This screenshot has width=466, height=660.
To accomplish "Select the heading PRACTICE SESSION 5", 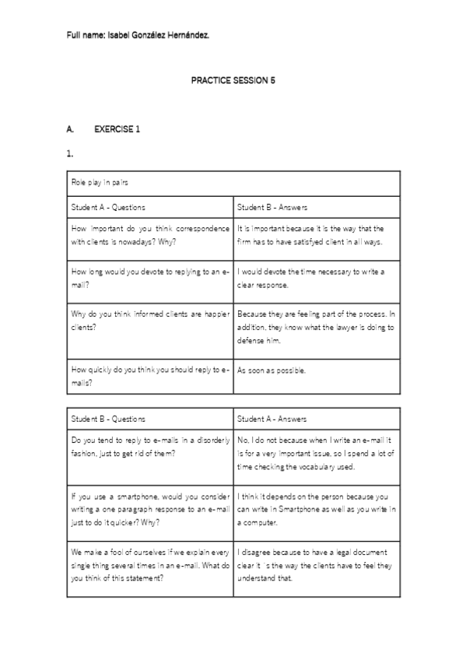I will pyautogui.click(x=233, y=80).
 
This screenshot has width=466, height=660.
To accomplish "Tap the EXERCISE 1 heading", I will pyautogui.click(x=117, y=128).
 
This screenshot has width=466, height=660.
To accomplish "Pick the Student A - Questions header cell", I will pyautogui.click(x=108, y=208).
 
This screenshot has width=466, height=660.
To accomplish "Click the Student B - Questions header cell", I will pyautogui.click(x=108, y=419).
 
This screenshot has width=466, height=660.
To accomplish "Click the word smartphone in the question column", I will pyautogui.click(x=134, y=496).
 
